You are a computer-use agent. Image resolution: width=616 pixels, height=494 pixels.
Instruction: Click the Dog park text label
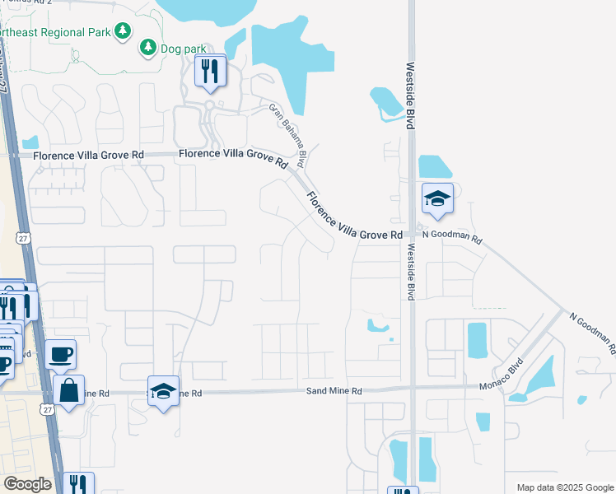[184, 49]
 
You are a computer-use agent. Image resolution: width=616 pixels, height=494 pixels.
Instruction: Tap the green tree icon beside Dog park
[148, 48]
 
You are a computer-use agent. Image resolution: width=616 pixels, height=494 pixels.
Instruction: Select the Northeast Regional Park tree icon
[123, 31]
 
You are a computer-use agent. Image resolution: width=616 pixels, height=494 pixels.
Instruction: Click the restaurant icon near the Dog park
[210, 71]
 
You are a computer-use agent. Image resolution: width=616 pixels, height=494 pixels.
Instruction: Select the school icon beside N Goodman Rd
[437, 198]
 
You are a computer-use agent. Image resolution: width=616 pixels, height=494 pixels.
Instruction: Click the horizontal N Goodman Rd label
[451, 235]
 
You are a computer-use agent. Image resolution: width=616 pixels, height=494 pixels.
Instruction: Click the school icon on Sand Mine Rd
[164, 391]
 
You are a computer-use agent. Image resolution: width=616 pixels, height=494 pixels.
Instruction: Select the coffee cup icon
[61, 355]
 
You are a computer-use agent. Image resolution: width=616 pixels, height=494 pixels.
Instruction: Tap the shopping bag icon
[69, 389]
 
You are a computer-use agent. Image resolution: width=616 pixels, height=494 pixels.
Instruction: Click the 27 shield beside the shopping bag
[47, 409]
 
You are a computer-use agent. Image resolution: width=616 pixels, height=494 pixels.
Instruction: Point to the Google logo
[27, 484]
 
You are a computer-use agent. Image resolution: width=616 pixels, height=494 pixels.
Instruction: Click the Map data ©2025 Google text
[564, 487]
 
